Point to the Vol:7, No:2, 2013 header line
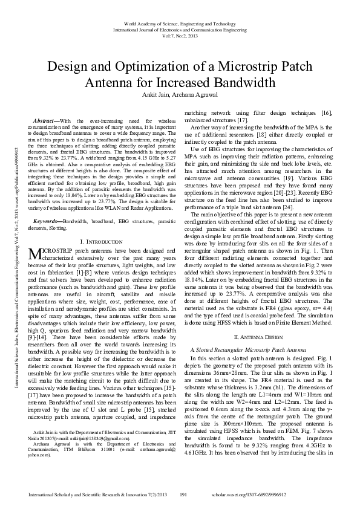click(x=180, y=36)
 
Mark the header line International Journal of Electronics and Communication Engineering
click(x=180, y=29)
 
